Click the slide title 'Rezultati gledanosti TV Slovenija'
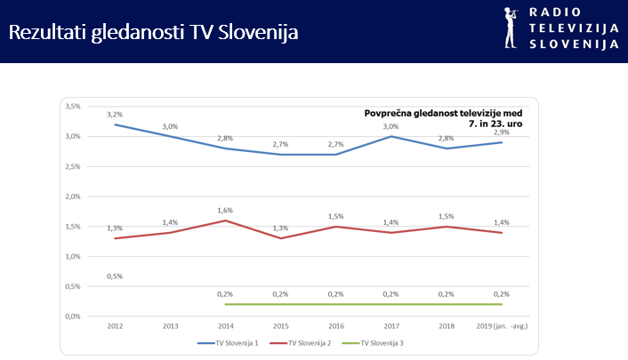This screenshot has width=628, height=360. click(x=153, y=33)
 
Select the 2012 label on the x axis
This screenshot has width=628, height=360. click(x=115, y=327)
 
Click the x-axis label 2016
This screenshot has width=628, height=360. click(x=335, y=327)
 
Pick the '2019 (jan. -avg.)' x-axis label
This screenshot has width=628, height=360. click(x=502, y=327)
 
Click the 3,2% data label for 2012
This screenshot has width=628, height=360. click(x=115, y=115)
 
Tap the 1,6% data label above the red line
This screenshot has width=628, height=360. click(x=225, y=211)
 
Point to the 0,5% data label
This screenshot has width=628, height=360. click(x=115, y=276)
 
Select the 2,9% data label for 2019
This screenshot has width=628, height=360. click(x=502, y=132)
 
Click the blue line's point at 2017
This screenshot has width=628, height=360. click(x=390, y=136)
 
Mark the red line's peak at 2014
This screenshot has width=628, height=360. click(x=225, y=220)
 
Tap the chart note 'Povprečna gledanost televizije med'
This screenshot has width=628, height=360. click(x=443, y=113)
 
